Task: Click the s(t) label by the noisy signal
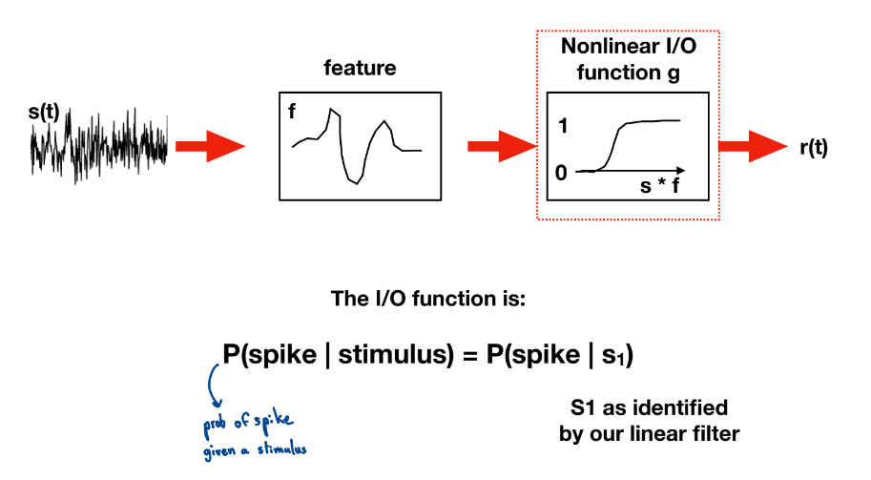(x=43, y=113)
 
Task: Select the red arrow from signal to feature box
(x=210, y=146)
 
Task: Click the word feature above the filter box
(x=360, y=68)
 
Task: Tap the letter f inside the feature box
(x=292, y=111)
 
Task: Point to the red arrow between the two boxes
(x=502, y=146)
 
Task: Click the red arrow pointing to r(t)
(x=753, y=146)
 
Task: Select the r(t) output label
(x=814, y=148)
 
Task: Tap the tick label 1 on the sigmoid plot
(x=563, y=126)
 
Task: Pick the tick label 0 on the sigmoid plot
(x=561, y=173)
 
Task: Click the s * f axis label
(x=660, y=185)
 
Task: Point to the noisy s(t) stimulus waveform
(x=99, y=146)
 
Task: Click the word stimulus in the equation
(x=396, y=354)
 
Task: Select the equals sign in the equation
(x=470, y=356)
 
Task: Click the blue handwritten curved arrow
(x=211, y=385)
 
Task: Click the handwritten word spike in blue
(x=273, y=420)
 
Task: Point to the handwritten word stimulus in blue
(x=281, y=449)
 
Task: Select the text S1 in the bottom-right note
(x=584, y=407)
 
